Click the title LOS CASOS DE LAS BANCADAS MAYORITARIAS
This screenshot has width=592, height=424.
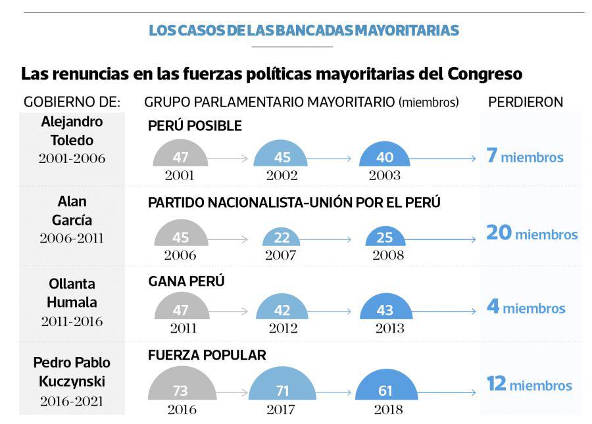click(x=303, y=30)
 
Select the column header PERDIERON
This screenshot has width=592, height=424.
click(x=525, y=102)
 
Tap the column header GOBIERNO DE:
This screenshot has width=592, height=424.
click(x=72, y=102)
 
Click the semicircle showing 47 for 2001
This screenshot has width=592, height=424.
click(x=180, y=156)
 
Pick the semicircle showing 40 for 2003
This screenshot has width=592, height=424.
click(x=385, y=156)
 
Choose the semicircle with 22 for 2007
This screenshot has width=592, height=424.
click(x=281, y=237)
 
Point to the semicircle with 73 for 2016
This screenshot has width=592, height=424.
click(x=180, y=389)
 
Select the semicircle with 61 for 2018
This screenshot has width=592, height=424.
click(x=385, y=389)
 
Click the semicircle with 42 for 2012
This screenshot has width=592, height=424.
click(x=282, y=309)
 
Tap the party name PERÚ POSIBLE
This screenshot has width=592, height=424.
click(x=195, y=126)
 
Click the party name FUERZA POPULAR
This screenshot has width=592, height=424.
click(x=207, y=356)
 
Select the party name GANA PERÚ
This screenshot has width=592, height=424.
click(x=186, y=281)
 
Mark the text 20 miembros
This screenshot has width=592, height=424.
click(x=531, y=233)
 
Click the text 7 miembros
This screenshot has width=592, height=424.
click(x=524, y=157)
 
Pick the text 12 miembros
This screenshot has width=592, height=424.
click(x=529, y=385)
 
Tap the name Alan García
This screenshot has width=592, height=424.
click(x=72, y=211)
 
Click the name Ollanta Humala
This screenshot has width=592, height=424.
click(x=72, y=293)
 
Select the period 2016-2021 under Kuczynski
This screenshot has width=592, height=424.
click(x=72, y=401)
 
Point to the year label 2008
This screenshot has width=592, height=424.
click(x=388, y=255)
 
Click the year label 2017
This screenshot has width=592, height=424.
click(x=282, y=409)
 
